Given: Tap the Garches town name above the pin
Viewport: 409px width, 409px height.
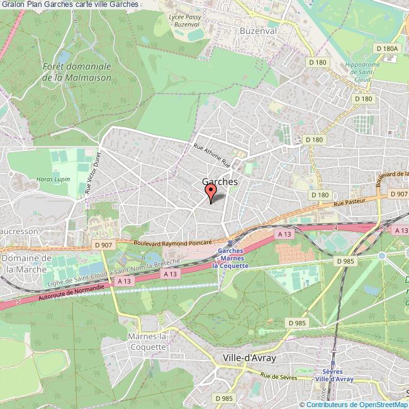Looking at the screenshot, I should click(x=220, y=181).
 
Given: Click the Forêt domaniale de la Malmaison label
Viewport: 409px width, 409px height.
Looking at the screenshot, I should click(x=77, y=72).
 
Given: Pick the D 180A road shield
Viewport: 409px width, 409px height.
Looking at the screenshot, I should click(x=386, y=48).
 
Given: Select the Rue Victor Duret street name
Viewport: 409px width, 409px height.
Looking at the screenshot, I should click(x=92, y=174).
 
